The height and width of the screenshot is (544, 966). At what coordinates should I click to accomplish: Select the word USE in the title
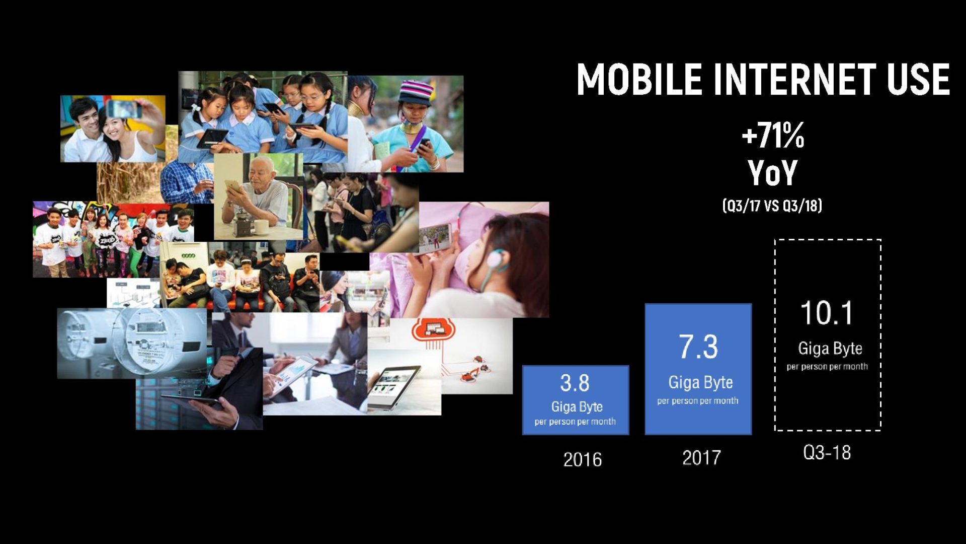point(919,79)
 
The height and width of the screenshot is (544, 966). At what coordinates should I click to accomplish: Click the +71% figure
point(773,135)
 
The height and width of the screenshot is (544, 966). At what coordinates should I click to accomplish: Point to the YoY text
point(773,173)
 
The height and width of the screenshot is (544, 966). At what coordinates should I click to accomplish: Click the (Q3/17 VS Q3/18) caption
point(772,206)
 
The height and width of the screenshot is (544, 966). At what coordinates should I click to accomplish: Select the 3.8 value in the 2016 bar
point(575,383)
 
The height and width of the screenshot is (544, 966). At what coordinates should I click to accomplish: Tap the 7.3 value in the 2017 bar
point(698,347)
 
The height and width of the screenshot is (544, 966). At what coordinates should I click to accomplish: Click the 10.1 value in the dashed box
point(827,313)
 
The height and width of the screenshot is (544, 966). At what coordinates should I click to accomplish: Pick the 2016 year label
point(583,459)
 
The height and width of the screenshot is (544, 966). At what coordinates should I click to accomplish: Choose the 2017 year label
point(701,457)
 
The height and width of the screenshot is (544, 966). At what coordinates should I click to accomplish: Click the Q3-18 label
point(827,452)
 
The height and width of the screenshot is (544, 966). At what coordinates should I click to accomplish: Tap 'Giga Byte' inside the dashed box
point(830,349)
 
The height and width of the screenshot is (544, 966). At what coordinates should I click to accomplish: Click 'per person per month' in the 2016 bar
point(575,422)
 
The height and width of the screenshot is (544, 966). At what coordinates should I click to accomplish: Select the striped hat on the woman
point(416,92)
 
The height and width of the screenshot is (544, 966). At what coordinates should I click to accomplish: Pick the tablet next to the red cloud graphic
point(393,388)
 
